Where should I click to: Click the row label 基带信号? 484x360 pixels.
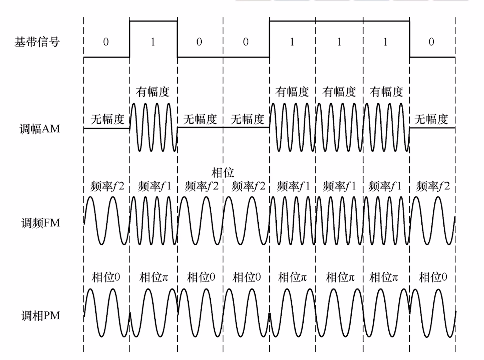point(37,42)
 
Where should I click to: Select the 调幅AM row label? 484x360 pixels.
point(40,129)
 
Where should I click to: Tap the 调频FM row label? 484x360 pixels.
point(40,223)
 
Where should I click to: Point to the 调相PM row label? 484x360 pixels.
point(40,315)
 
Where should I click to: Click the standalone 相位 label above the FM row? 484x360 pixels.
point(223,173)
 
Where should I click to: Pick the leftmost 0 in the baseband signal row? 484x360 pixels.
point(106,42)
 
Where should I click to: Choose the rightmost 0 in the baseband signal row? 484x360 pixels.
point(431,42)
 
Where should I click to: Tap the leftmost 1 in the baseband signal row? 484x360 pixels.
point(153,42)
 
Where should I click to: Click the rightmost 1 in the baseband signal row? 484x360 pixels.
point(385,42)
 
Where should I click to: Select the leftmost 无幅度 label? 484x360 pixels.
point(107,119)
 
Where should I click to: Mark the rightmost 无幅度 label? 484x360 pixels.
point(431,119)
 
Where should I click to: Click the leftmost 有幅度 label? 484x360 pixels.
point(153,91)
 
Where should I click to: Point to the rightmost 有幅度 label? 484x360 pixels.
point(386,91)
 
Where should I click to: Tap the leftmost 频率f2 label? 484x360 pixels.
point(107,186)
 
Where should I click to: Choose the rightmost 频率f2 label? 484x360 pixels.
point(433,186)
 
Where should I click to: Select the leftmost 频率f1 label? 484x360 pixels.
point(154,186)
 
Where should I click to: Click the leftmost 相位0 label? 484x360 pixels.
point(106,277)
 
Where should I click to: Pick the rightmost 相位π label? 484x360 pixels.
point(384,277)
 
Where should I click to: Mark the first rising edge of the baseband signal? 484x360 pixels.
point(130,39)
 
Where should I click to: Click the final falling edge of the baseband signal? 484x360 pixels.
point(409,39)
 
